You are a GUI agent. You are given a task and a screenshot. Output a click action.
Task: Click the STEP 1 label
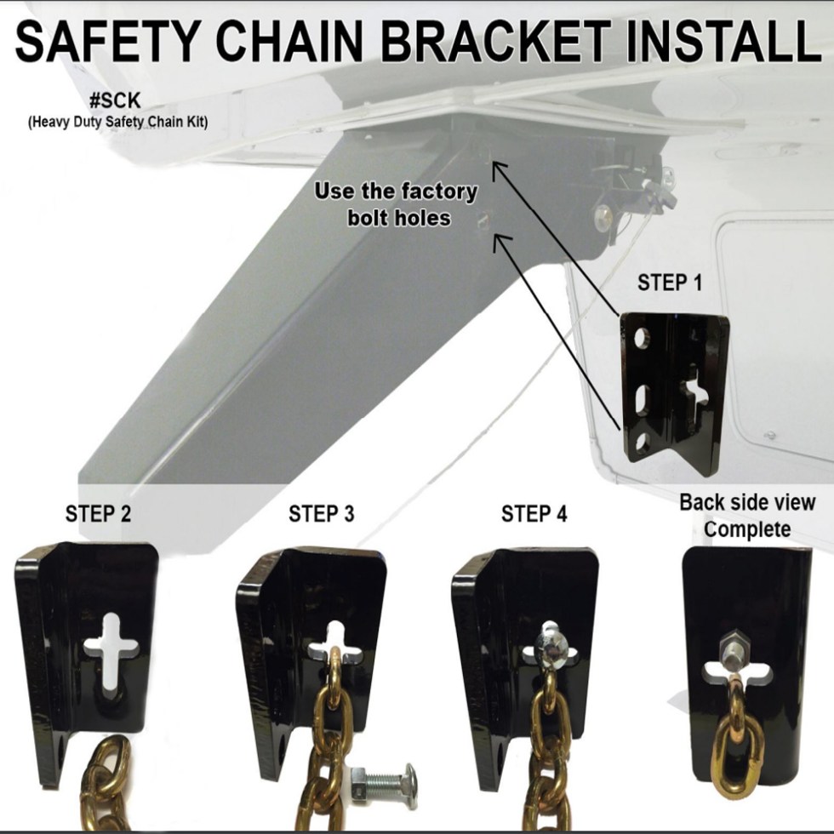[670, 283]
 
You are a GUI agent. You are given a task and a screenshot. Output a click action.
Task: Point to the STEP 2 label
[98, 514]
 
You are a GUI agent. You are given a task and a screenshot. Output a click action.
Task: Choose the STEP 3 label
[321, 514]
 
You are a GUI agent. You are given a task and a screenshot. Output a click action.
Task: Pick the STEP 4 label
[534, 514]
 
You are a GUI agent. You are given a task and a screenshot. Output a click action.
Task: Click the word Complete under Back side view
[747, 529]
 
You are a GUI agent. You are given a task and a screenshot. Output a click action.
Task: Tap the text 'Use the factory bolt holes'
[397, 203]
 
